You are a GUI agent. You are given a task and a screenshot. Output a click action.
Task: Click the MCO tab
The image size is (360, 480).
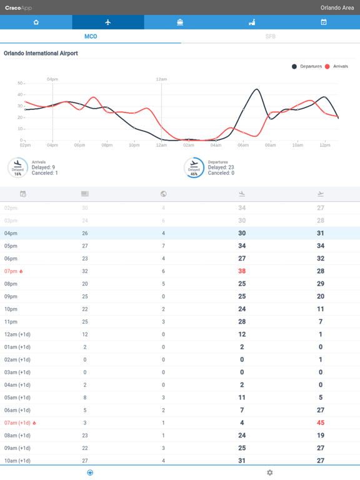[91, 36]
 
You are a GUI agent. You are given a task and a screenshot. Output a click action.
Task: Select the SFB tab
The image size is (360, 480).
[270, 36]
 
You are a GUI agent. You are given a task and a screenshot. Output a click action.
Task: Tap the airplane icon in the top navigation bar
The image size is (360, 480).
[108, 22]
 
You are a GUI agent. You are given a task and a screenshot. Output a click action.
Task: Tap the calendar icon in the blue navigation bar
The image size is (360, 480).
[324, 22]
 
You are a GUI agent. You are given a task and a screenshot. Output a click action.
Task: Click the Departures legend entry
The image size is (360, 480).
[306, 66]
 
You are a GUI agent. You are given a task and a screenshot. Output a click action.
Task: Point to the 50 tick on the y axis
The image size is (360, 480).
[19, 83]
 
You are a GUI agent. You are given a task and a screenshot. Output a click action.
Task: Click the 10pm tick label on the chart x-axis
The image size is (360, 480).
[134, 145]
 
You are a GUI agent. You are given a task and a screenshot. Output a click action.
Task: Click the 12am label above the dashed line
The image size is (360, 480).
[161, 79]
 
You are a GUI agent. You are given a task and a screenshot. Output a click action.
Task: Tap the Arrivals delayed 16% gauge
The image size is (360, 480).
[17, 167]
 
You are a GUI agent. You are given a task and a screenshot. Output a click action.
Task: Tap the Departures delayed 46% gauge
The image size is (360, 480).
[194, 167]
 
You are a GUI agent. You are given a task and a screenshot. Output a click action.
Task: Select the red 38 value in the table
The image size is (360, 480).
[242, 271]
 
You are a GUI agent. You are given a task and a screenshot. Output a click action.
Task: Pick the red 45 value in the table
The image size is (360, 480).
[321, 423]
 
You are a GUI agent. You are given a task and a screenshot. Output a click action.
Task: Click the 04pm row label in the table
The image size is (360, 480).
[11, 233]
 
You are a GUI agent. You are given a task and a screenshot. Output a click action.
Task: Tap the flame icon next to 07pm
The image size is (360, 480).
[21, 271]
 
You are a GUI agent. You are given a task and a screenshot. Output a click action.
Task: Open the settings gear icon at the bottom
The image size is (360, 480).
[270, 472]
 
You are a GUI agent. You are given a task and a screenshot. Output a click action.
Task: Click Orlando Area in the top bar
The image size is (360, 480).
[337, 7]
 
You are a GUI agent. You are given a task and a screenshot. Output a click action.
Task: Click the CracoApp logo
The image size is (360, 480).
[18, 7]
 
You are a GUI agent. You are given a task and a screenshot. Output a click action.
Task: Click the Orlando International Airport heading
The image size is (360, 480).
[41, 53]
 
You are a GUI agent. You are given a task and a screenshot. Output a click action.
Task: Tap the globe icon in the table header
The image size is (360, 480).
[164, 194]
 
